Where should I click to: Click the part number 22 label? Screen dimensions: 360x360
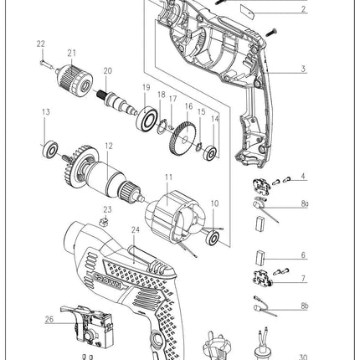pos(41,44)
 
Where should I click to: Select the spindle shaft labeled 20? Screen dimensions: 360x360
pos(116,103)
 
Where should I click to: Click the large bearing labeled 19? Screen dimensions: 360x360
pos(147,119)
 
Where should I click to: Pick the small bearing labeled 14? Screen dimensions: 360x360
pos(211,153)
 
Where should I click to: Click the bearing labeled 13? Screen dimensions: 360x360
pos(50,149)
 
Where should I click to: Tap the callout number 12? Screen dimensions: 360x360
pos(109,146)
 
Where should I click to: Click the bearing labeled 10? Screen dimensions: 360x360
pos(213,238)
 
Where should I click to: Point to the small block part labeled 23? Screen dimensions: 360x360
pos(104,222)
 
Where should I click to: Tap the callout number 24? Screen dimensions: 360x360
pos(136,229)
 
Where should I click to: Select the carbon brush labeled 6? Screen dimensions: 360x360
pos(260,257)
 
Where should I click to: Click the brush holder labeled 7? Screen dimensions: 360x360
pos(262,278)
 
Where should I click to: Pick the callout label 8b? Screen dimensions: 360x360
pos(305,306)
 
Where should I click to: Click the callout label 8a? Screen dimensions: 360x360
pos(305,203)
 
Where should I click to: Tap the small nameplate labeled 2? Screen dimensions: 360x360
pos(247,12)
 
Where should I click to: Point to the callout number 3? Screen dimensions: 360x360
pos(303,69)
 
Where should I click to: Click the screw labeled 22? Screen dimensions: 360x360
pos(47,64)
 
